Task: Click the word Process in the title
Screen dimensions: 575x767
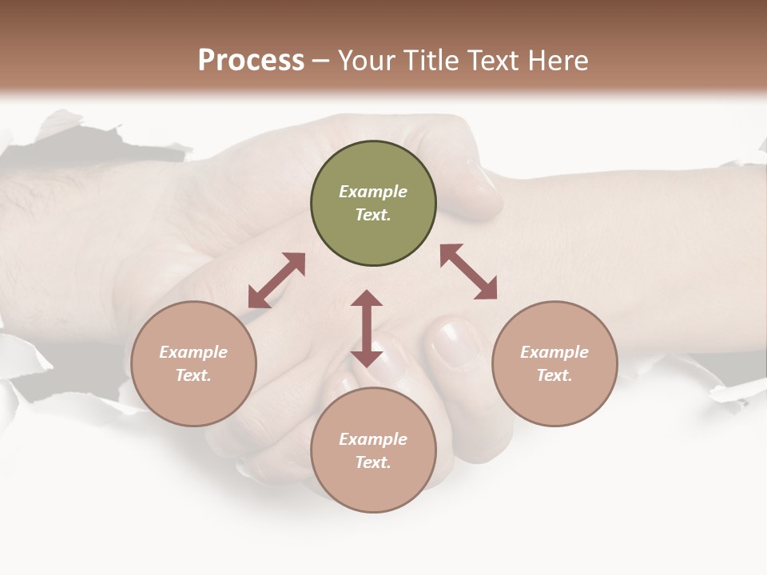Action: [x=251, y=61]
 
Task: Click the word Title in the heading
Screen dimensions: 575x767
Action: [x=428, y=61]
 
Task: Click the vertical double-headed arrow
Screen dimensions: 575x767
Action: [x=367, y=328]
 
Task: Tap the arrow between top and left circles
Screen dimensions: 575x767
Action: [x=276, y=280]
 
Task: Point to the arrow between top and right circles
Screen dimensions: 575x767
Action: [x=469, y=272]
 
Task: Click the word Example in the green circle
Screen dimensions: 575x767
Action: [x=373, y=192]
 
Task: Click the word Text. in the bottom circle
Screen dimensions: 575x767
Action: [x=373, y=462]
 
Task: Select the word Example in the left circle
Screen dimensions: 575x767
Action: [x=193, y=352]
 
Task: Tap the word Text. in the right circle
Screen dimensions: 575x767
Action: [x=554, y=375]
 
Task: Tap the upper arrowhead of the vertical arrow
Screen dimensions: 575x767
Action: [x=367, y=299]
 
